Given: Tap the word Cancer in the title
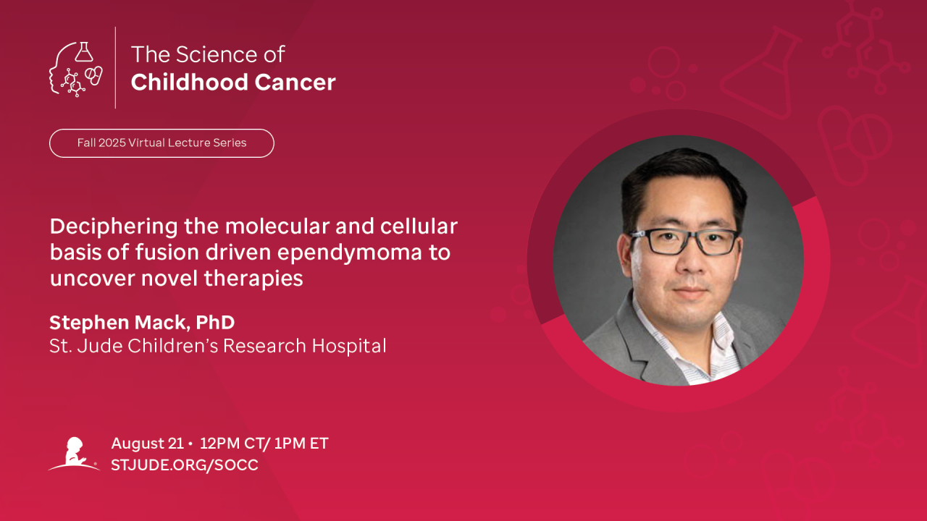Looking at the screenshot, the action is [295, 82].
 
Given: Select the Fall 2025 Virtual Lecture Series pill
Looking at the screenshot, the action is [162, 143].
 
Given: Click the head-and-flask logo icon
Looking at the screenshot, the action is [76, 69].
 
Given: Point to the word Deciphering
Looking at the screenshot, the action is [114, 227].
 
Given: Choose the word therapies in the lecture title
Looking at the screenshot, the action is [253, 279].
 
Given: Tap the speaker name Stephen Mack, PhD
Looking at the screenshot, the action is [142, 323].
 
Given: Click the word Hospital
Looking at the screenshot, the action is [349, 346].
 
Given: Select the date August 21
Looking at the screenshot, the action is [147, 444].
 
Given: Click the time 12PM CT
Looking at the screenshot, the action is [232, 444].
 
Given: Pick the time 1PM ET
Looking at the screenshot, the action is [301, 444].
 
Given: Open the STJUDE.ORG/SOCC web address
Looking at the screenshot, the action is [185, 465].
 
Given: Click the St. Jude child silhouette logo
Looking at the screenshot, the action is [74, 454].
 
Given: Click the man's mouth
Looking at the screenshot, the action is [690, 292].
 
